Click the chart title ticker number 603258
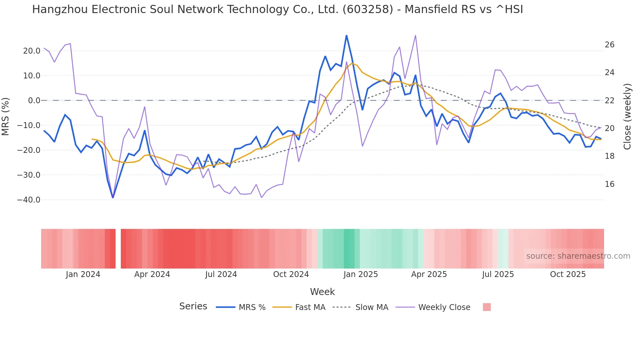pos(368,9)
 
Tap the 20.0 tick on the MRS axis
pos(32,51)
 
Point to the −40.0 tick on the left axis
pos(29,200)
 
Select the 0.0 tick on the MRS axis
pos(34,101)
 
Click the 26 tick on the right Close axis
pos(609,45)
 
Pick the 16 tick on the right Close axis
pos(609,184)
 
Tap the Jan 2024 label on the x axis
pos(83,274)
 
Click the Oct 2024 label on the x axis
pos(291,274)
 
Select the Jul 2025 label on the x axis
pos(498,274)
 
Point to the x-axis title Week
pos(322,292)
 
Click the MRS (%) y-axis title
pos(6,117)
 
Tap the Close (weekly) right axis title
pos(627,117)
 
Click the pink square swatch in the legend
pos(487,307)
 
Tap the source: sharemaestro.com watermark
pos(578,256)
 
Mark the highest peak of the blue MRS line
pos(346,36)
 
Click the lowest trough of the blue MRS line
pos(113,197)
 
